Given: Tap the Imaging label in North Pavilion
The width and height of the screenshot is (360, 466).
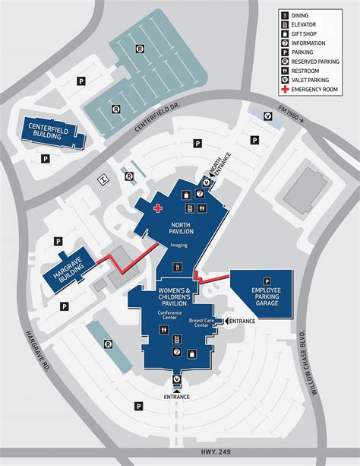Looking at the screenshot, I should [x=180, y=245].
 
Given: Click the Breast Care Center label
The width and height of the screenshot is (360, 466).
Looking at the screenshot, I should [x=203, y=322].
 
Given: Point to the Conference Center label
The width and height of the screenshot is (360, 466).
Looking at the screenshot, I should [x=171, y=315].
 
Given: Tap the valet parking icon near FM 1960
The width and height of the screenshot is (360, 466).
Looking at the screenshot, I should [x=267, y=116].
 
